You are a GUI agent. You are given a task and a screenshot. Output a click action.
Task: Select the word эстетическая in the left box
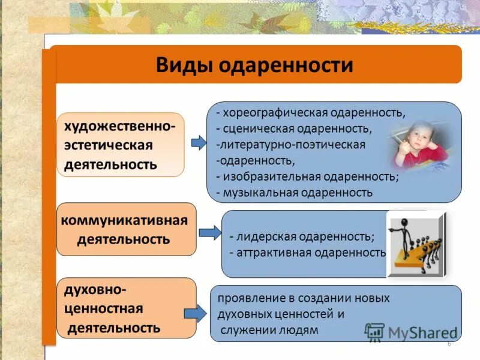coord(109,145)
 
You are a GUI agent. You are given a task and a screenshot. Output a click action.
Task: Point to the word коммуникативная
coord(124,220)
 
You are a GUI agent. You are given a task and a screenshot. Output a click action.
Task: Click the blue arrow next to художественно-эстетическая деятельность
coord(199,143)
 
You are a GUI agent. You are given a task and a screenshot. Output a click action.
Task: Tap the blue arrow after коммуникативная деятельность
coord(209,232)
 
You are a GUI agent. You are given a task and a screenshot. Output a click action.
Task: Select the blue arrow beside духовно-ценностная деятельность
coord(195,313)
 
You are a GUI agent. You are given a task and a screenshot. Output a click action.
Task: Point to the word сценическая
coord(262,129)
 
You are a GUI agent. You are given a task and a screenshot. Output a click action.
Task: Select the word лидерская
coord(263,236)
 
